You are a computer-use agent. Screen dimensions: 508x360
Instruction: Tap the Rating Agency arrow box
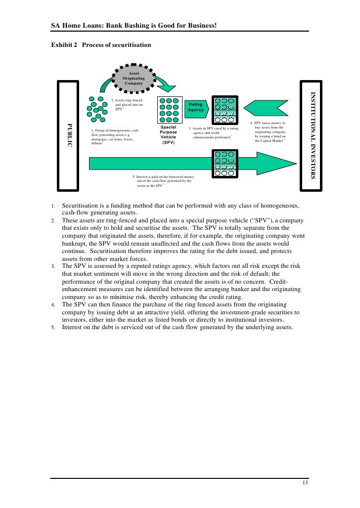[196, 107]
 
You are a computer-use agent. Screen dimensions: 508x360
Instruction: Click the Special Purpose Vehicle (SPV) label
[169, 135]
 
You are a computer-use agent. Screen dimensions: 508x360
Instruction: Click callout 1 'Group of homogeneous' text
[114, 136]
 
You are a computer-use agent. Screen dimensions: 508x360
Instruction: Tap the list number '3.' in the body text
[54, 266]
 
